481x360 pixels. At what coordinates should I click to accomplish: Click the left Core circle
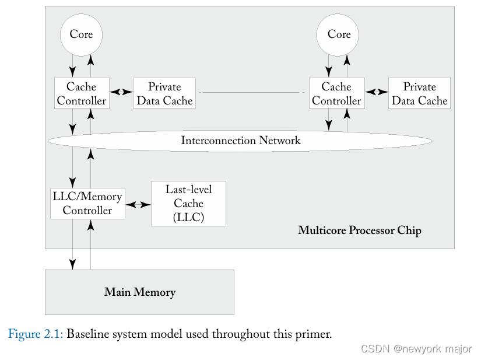(81, 34)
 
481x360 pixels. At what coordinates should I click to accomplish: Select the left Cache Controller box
(82, 93)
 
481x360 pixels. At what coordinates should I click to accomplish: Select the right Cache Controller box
(336, 93)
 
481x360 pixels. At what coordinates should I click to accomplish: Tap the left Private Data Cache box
(164, 93)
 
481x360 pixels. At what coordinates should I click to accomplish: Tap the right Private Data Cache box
(419, 93)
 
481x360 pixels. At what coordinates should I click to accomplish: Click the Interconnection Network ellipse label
(240, 141)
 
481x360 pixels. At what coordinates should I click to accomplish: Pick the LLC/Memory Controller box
(87, 203)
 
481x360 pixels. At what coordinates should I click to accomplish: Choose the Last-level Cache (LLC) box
(188, 204)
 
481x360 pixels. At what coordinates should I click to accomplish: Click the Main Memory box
(139, 292)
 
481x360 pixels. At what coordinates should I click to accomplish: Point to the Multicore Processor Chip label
(359, 230)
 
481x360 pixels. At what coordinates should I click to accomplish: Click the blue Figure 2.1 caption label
(36, 334)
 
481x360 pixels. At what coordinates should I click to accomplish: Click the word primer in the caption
(313, 335)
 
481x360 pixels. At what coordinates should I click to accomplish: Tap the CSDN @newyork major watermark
(416, 349)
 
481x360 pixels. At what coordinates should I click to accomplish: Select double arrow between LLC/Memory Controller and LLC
(138, 204)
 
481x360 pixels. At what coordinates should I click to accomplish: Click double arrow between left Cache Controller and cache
(122, 92)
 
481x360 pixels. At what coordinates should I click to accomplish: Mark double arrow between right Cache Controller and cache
(377, 92)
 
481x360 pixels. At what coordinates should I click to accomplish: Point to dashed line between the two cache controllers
(252, 92)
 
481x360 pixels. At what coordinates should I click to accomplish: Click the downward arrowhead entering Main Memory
(73, 264)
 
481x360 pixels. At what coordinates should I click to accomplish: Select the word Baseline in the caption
(88, 334)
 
